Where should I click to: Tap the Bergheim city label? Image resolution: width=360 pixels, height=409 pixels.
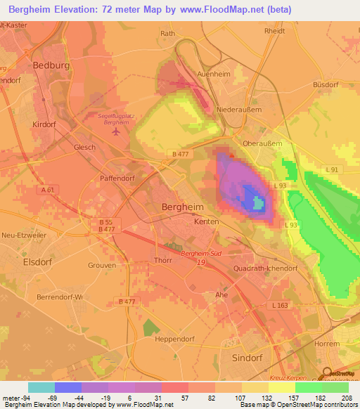[183, 207]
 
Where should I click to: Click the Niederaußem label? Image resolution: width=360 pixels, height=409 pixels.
[239, 110]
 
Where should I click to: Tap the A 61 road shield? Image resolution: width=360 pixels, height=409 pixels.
[47, 190]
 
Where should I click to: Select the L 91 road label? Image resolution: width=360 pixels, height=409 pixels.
[332, 170]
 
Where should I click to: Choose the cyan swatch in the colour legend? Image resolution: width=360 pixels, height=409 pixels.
[41, 387]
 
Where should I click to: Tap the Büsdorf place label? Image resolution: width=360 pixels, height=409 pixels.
[326, 84]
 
